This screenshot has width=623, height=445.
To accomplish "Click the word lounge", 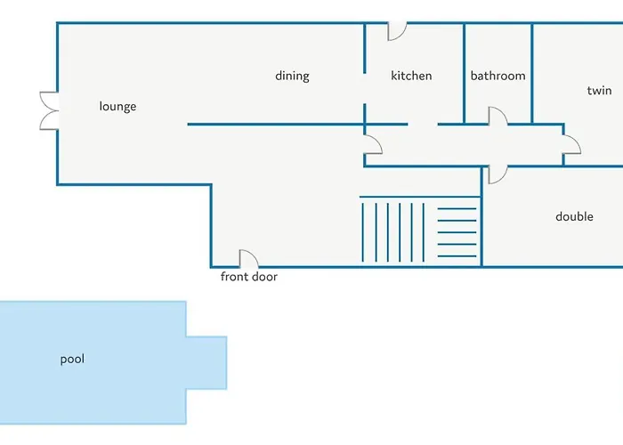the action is [x=117, y=107].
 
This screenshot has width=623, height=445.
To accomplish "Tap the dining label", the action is [x=292, y=76].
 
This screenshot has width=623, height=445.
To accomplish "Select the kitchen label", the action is [x=411, y=76].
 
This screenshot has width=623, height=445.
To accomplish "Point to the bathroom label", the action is [x=498, y=76].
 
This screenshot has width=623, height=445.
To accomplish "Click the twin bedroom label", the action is [x=599, y=91].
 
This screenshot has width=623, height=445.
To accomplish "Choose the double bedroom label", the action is [x=574, y=216].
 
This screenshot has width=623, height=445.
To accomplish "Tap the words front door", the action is [x=248, y=277].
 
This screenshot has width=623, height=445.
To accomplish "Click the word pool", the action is [x=72, y=360].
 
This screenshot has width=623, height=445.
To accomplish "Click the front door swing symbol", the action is [x=248, y=259].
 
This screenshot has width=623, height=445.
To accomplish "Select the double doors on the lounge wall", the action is [x=49, y=111].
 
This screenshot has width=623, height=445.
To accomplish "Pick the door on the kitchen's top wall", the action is [x=397, y=31].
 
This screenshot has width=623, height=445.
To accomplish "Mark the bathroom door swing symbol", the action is [x=498, y=116].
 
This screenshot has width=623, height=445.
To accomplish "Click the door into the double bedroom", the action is [x=498, y=174].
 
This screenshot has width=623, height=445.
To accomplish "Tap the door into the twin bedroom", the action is [x=571, y=144].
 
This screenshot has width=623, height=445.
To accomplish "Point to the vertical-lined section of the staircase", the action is [x=393, y=232].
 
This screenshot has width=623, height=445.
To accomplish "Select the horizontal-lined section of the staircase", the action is [x=457, y=232].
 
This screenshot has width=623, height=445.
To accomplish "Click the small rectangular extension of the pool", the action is [x=206, y=363].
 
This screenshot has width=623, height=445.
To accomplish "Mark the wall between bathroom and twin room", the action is [x=532, y=74].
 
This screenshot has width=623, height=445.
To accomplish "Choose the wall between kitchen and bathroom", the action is [x=464, y=74].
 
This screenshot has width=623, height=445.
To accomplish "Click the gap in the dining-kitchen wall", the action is [x=364, y=89].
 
